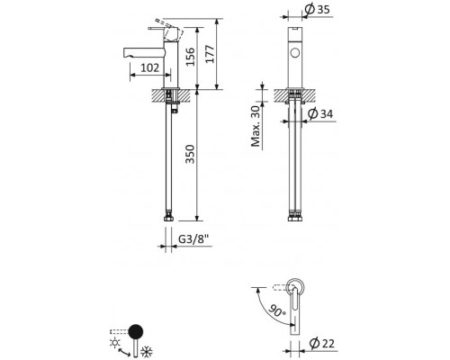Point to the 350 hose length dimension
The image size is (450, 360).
(x=191, y=159)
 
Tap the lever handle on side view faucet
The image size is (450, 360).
(x=174, y=31)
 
